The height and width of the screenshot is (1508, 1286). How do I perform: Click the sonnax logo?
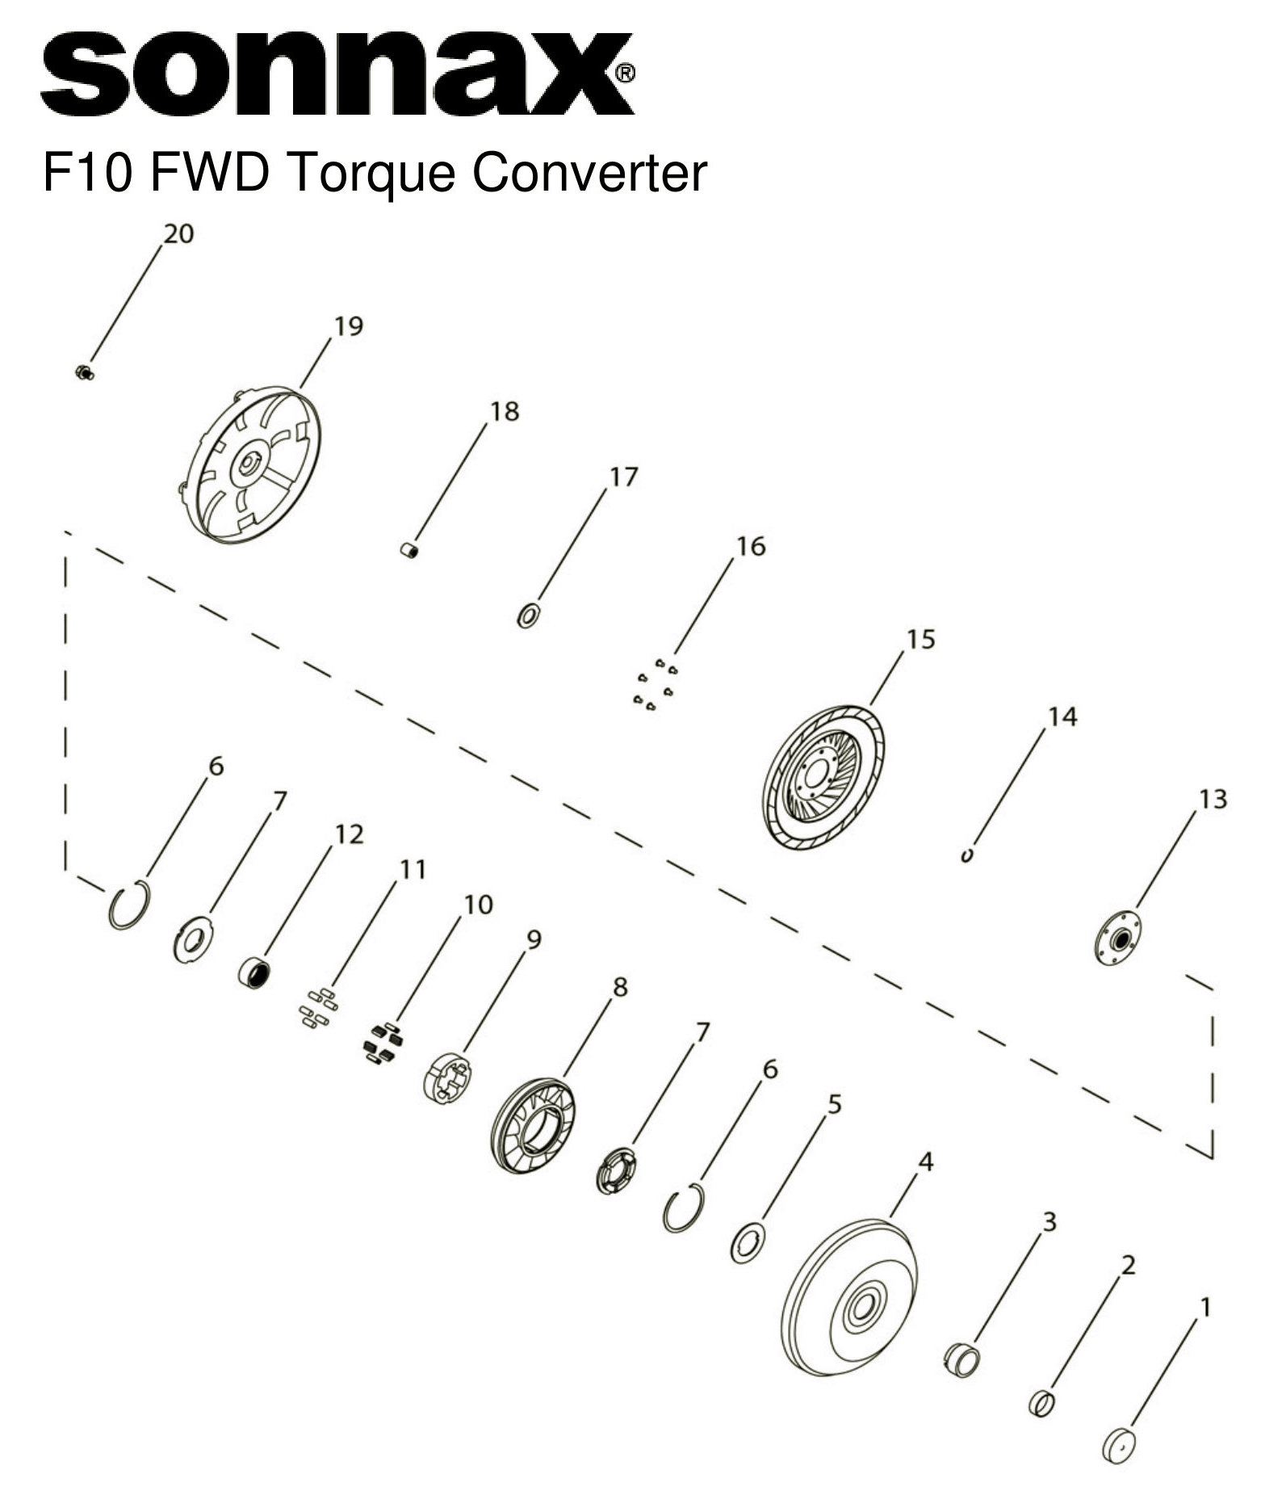(x=337, y=74)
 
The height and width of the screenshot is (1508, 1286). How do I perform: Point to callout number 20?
(x=178, y=233)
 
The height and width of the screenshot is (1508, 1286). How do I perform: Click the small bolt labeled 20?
(x=84, y=372)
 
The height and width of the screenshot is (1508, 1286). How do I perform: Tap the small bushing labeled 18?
(x=410, y=550)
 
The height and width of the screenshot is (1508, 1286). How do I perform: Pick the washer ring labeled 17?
(x=528, y=615)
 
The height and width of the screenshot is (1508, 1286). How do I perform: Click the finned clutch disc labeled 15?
(x=823, y=777)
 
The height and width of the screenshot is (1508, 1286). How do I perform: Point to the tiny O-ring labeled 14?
(x=966, y=855)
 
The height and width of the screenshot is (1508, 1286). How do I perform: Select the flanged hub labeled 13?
(x=1118, y=939)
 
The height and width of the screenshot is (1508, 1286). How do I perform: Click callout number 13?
(x=1212, y=799)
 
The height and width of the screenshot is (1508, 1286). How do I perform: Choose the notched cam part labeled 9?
(x=446, y=1077)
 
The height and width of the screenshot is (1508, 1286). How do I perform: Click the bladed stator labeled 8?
(x=533, y=1125)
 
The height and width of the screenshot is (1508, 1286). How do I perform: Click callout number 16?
(x=750, y=547)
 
